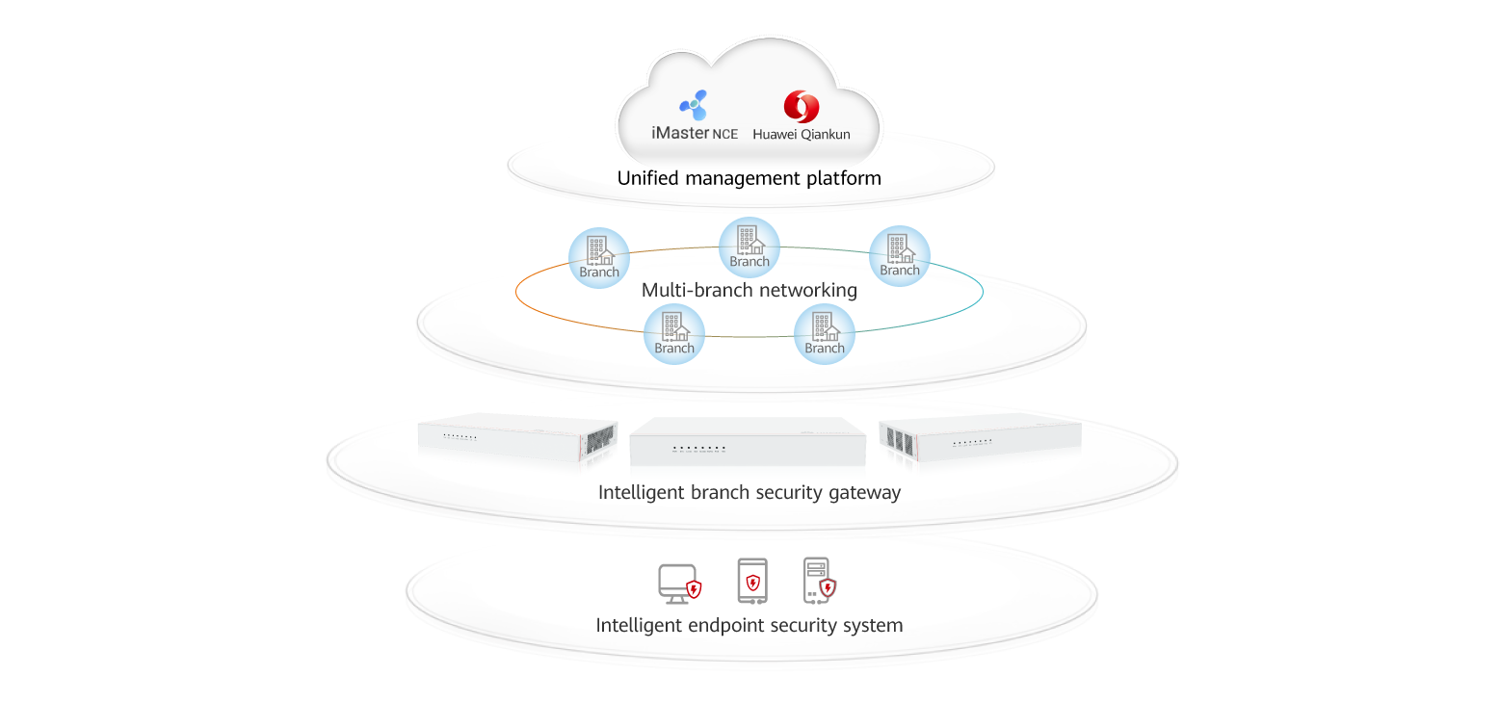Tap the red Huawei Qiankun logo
(x=801, y=106)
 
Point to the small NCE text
(x=724, y=135)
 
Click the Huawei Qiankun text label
(x=802, y=135)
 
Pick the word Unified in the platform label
(x=647, y=178)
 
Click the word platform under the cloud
(x=847, y=179)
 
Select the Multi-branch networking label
(x=749, y=290)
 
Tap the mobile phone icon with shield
(x=752, y=581)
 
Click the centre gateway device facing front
(x=747, y=442)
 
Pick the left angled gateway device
(x=516, y=439)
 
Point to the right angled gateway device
(x=980, y=438)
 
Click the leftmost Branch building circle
(x=599, y=258)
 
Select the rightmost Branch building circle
(x=900, y=256)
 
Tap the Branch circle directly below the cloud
(x=749, y=247)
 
